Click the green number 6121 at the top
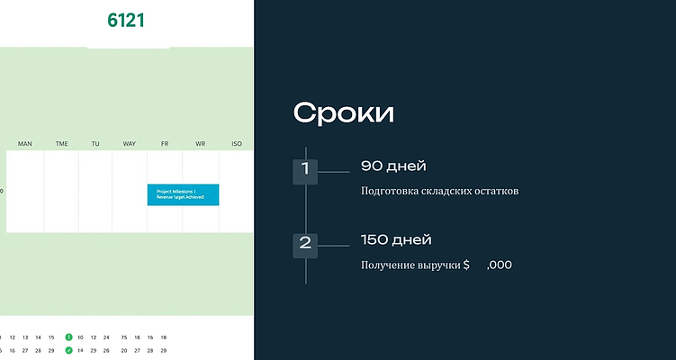(126, 20)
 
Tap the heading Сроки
(343, 113)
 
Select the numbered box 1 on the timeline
(305, 169)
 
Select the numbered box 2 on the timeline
(305, 243)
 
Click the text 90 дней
(392, 166)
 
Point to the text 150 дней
(396, 239)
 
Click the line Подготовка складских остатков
(439, 192)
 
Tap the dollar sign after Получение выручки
(466, 265)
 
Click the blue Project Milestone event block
(183, 194)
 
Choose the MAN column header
(24, 144)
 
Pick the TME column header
(61, 144)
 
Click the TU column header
(95, 144)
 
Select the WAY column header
(130, 144)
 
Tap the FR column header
(165, 144)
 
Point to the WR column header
(200, 144)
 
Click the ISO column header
(237, 144)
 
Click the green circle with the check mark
(68, 350)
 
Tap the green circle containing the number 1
(68, 337)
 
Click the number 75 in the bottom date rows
(124, 337)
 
